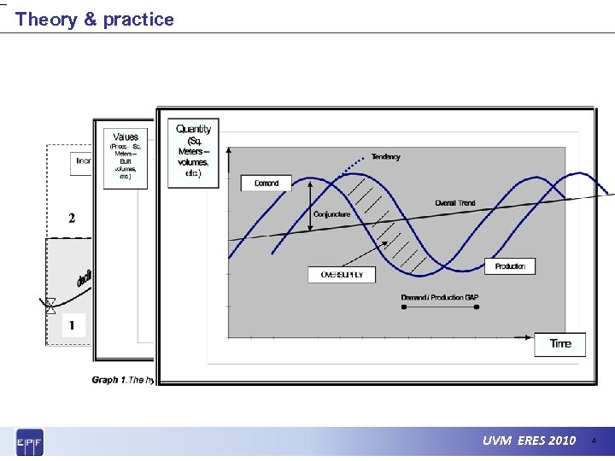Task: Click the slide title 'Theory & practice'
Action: [x=94, y=19]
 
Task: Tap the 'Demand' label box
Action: [x=266, y=184]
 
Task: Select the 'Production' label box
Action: [x=510, y=266]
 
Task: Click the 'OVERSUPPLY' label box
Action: [x=342, y=275]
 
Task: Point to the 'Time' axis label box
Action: [x=560, y=344]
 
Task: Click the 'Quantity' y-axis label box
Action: [x=193, y=152]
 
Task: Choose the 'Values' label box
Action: [x=126, y=158]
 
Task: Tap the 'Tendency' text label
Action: [x=385, y=157]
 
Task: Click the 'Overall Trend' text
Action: [x=455, y=203]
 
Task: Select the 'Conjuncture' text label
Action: [x=331, y=214]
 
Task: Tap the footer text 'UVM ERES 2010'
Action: [x=529, y=441]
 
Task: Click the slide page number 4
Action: [x=594, y=441]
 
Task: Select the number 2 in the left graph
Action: [x=72, y=218]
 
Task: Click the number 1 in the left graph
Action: [x=72, y=325]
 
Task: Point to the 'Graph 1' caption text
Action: [x=122, y=380]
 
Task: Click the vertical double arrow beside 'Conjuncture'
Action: [x=309, y=207]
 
